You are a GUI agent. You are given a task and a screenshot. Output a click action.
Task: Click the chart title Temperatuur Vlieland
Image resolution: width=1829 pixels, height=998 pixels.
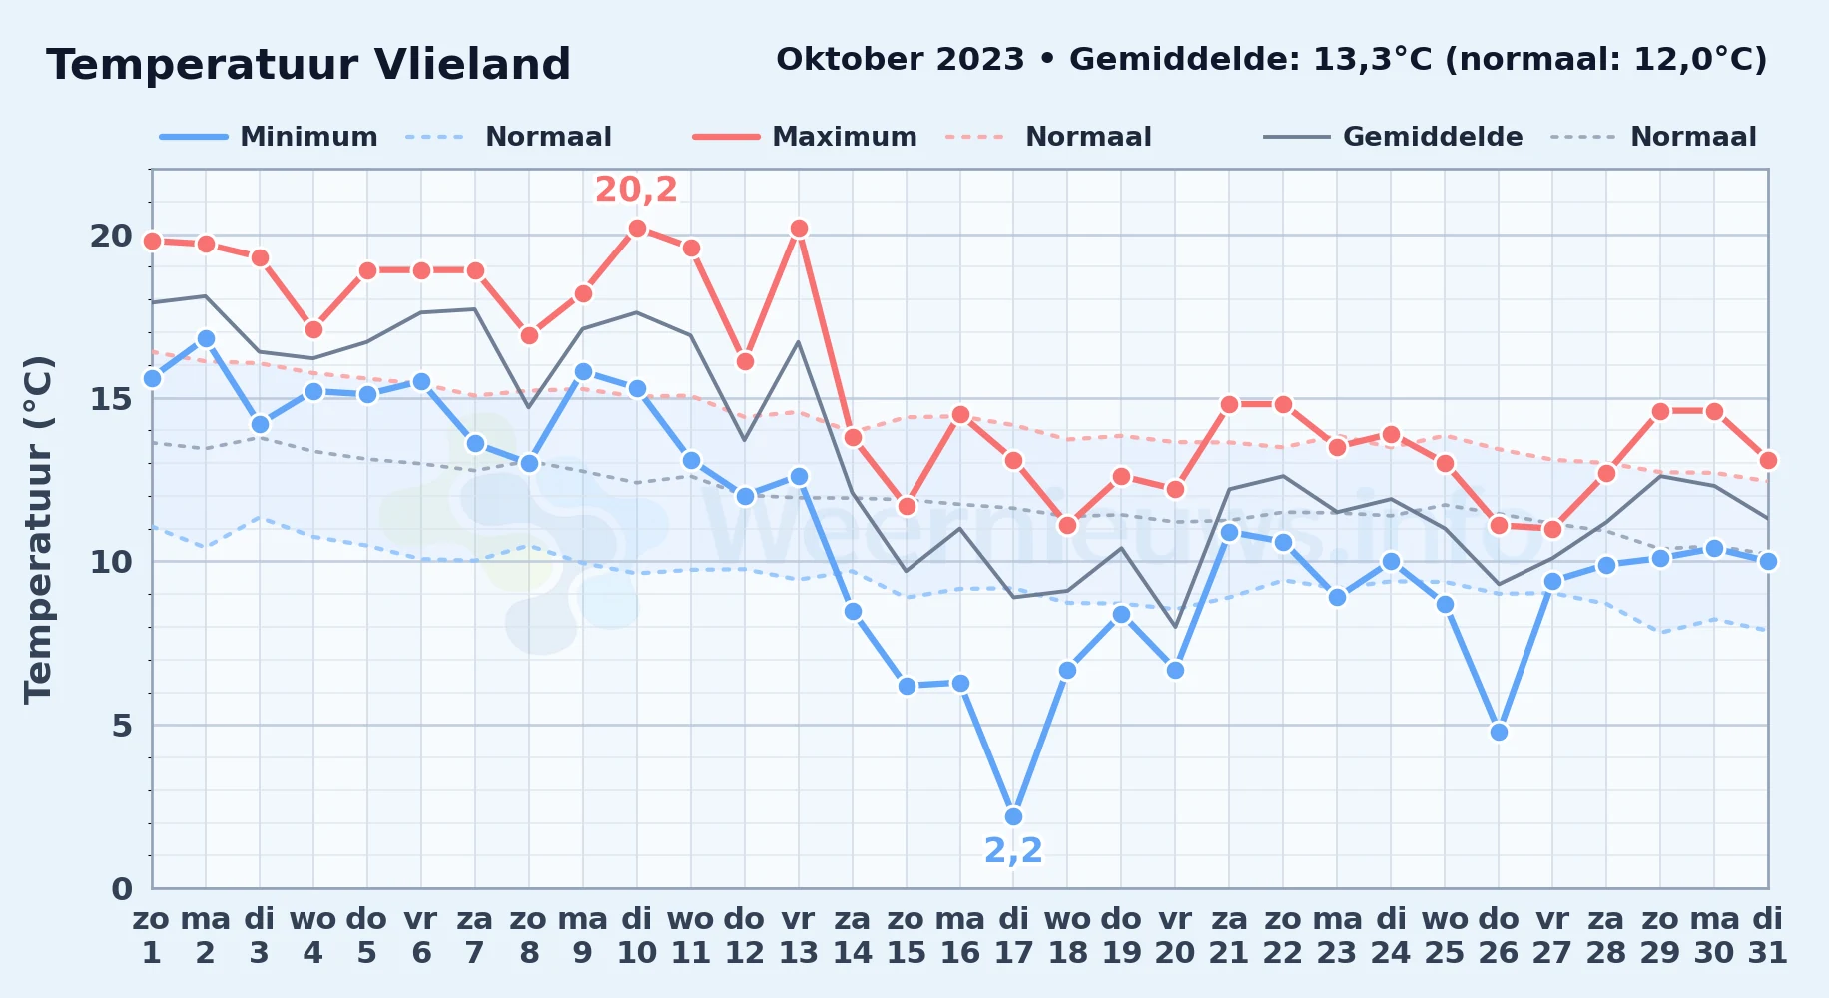(308, 65)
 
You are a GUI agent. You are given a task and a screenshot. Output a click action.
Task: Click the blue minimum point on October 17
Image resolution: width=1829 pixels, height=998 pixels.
(1013, 816)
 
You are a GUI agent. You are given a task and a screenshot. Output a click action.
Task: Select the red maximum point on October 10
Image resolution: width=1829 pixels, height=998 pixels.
(637, 228)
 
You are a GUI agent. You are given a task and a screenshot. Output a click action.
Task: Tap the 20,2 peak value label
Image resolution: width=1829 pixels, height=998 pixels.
(636, 189)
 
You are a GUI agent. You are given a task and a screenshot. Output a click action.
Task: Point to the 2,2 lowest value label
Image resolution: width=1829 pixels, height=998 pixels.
(1013, 850)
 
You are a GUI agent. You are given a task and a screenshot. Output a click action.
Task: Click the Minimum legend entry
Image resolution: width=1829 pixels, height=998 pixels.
(270, 137)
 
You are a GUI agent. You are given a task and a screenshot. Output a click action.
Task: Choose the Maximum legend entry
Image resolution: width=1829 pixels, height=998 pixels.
(805, 137)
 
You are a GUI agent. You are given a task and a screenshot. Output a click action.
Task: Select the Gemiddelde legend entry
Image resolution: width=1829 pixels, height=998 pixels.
(1394, 137)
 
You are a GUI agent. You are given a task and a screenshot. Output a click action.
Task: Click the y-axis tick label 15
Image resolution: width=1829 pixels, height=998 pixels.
(111, 398)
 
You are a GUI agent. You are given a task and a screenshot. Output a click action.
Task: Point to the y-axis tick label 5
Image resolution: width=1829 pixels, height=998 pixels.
(122, 726)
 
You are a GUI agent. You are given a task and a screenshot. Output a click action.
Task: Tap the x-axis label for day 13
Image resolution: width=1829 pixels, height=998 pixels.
(798, 936)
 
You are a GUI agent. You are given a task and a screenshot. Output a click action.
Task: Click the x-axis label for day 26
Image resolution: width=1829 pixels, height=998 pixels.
(1499, 936)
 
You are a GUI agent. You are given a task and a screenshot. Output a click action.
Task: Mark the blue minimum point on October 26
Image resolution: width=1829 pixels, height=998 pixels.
(1499, 732)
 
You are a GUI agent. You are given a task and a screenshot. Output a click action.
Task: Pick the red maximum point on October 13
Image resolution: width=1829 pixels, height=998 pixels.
(799, 228)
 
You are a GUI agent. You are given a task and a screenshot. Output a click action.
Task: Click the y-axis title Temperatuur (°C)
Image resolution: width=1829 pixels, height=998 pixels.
(38, 529)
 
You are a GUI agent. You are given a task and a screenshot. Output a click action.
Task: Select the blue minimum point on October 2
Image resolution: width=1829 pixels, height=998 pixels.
(206, 339)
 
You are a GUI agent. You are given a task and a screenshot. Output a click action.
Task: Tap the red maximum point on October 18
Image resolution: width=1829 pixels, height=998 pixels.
(1067, 525)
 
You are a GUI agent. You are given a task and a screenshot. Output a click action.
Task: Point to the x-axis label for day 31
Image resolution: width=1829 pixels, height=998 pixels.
(1768, 936)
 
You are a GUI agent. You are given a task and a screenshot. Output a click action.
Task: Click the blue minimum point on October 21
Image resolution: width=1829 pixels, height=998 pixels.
(1229, 532)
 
